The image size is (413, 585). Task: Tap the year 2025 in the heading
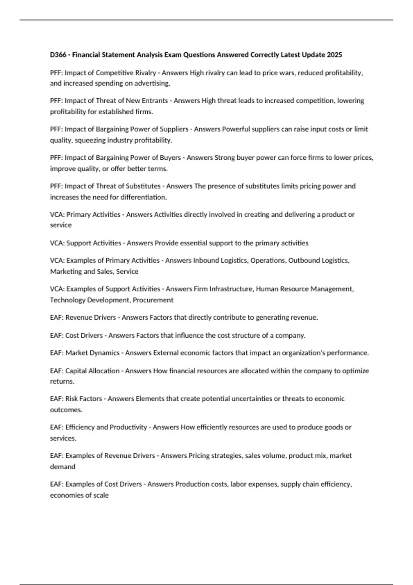(335, 55)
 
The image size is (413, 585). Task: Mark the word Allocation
(104, 371)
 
